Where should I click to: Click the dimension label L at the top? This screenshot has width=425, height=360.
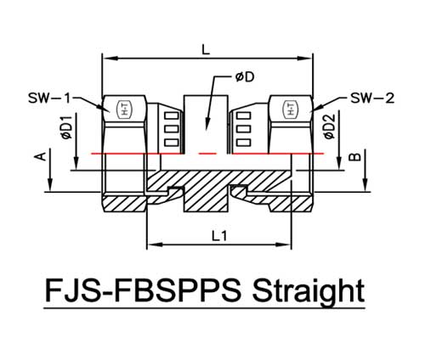(206, 50)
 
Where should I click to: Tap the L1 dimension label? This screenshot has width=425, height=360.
(219, 236)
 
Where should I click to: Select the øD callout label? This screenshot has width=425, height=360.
(245, 77)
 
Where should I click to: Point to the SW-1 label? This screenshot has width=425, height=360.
(49, 98)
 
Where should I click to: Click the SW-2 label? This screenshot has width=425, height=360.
(372, 98)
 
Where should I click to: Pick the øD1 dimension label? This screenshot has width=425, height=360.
(66, 127)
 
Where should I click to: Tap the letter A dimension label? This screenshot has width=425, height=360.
(41, 156)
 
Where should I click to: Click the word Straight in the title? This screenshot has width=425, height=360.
(308, 290)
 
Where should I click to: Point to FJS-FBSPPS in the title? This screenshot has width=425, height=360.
(144, 290)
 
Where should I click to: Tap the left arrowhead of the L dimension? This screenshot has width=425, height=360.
(110, 58)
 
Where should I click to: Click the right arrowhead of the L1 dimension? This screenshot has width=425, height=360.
(283, 245)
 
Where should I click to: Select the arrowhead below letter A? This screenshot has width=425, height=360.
(50, 184)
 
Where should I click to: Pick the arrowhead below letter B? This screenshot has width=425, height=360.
(365, 184)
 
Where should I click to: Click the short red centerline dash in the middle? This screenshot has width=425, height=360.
(208, 154)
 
